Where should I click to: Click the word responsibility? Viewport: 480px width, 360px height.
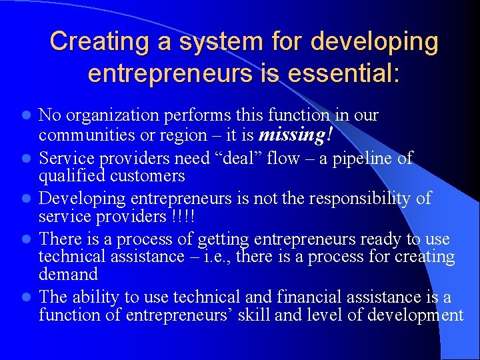coord(361,198)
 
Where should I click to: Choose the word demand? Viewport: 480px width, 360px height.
coord(68,274)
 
